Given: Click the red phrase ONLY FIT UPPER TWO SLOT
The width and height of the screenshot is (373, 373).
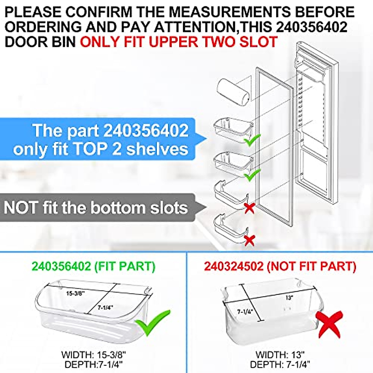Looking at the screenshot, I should click(x=178, y=42).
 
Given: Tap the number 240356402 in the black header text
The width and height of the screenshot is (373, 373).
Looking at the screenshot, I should click(x=311, y=27).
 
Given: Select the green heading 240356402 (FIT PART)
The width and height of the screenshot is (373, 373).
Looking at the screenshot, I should click(x=93, y=266).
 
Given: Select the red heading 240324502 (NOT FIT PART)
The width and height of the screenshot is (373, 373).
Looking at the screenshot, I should click(x=280, y=266).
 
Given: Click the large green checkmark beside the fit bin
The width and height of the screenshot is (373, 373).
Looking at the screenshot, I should click(x=153, y=322).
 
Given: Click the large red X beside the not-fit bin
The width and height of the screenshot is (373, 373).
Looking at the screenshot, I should click(x=329, y=324).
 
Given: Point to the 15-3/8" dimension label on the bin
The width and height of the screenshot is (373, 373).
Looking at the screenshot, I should click(x=75, y=293).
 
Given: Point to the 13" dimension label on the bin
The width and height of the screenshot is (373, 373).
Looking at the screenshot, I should click(x=289, y=297).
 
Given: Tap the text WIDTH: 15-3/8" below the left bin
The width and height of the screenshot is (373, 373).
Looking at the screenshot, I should click(x=94, y=355).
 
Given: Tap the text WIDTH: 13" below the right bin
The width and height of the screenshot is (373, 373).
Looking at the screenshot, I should click(x=280, y=355).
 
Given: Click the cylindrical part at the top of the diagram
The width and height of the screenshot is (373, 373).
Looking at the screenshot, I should click(x=233, y=92).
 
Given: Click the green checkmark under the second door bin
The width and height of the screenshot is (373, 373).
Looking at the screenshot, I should click(x=252, y=176).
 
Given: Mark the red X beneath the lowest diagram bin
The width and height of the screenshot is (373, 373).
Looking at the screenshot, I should click(x=250, y=240).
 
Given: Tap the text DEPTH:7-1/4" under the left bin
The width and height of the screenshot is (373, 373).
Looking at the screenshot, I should click(x=94, y=365).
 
